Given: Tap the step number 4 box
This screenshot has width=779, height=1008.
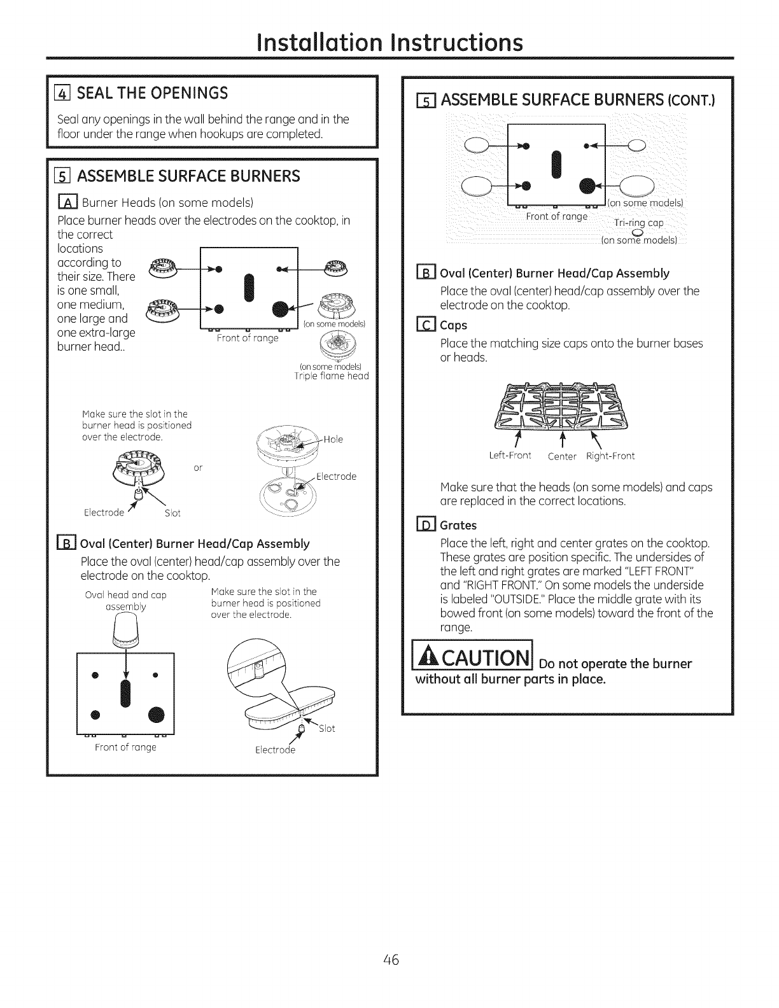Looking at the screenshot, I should (x=64, y=94).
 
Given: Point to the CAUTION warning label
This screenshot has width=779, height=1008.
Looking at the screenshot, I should (x=474, y=662).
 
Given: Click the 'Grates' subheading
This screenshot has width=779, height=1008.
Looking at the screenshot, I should (x=458, y=526).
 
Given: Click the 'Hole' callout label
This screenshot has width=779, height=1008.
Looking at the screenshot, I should (x=333, y=439).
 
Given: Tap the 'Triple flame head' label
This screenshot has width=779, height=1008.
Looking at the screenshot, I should (x=331, y=376).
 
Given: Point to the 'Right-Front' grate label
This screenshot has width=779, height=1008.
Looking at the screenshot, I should (x=610, y=456).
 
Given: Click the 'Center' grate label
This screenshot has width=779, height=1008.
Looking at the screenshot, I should (x=561, y=456).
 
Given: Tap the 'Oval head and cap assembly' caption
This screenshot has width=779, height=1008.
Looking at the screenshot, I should (x=125, y=601).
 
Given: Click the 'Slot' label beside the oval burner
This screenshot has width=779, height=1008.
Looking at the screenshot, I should (x=326, y=728).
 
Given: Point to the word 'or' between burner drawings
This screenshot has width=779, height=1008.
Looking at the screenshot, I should (x=197, y=468).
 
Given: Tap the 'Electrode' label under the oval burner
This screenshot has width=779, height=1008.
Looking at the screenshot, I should (x=275, y=750).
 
